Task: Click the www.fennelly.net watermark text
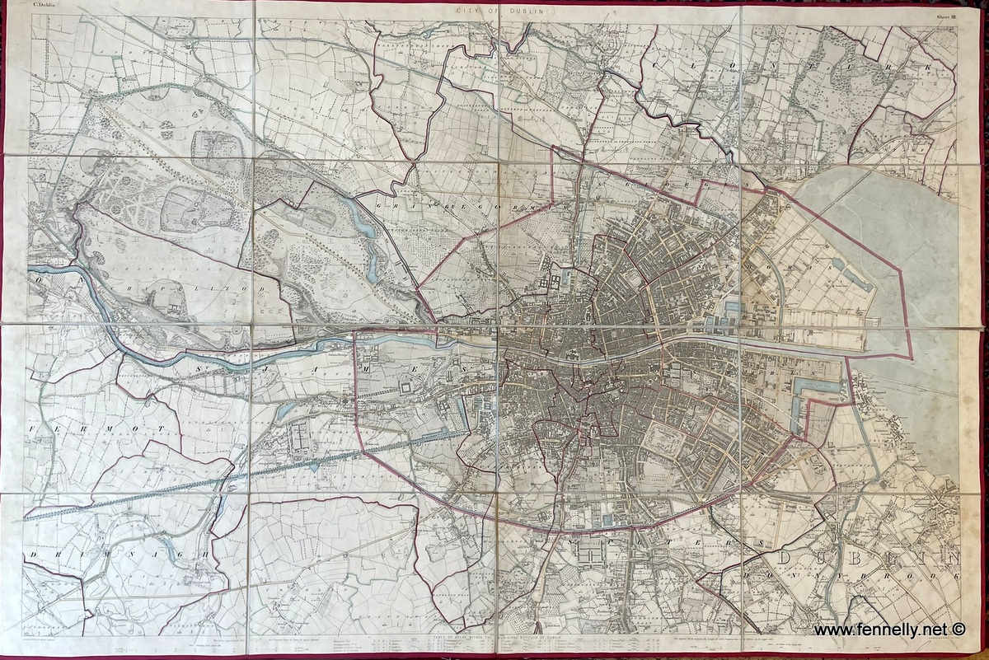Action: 879,630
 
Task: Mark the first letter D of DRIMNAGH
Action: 33,556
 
